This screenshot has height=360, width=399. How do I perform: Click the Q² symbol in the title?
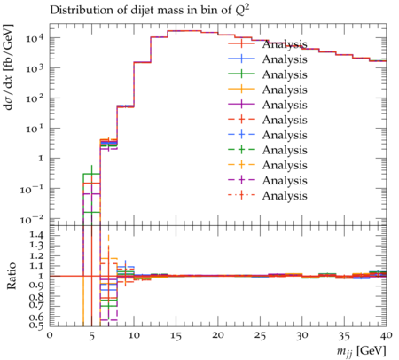[x=243, y=11]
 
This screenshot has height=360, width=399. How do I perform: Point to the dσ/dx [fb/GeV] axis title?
[x=9, y=67]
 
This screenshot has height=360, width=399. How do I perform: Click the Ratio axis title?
[x=11, y=276]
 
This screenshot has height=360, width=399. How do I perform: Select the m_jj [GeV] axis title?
[x=361, y=350]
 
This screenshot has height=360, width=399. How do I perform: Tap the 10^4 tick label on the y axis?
[x=35, y=37]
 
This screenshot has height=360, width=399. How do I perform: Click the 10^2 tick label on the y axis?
[x=35, y=98]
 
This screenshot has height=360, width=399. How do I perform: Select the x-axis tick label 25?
[x=260, y=336]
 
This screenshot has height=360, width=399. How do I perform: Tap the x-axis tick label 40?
[x=386, y=335]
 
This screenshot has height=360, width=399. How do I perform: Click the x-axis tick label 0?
[x=50, y=335]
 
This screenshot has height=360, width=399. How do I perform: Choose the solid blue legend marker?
[x=241, y=59]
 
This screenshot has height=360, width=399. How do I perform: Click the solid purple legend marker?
[x=241, y=105]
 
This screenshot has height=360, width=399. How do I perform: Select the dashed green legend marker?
[x=241, y=150]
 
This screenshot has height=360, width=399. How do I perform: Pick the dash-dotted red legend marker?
[x=241, y=195]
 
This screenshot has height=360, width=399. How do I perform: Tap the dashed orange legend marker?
[x=241, y=165]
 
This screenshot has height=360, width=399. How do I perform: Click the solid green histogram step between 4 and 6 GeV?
[x=91, y=174]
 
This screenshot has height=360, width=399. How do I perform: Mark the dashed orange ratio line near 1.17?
[x=109, y=259]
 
